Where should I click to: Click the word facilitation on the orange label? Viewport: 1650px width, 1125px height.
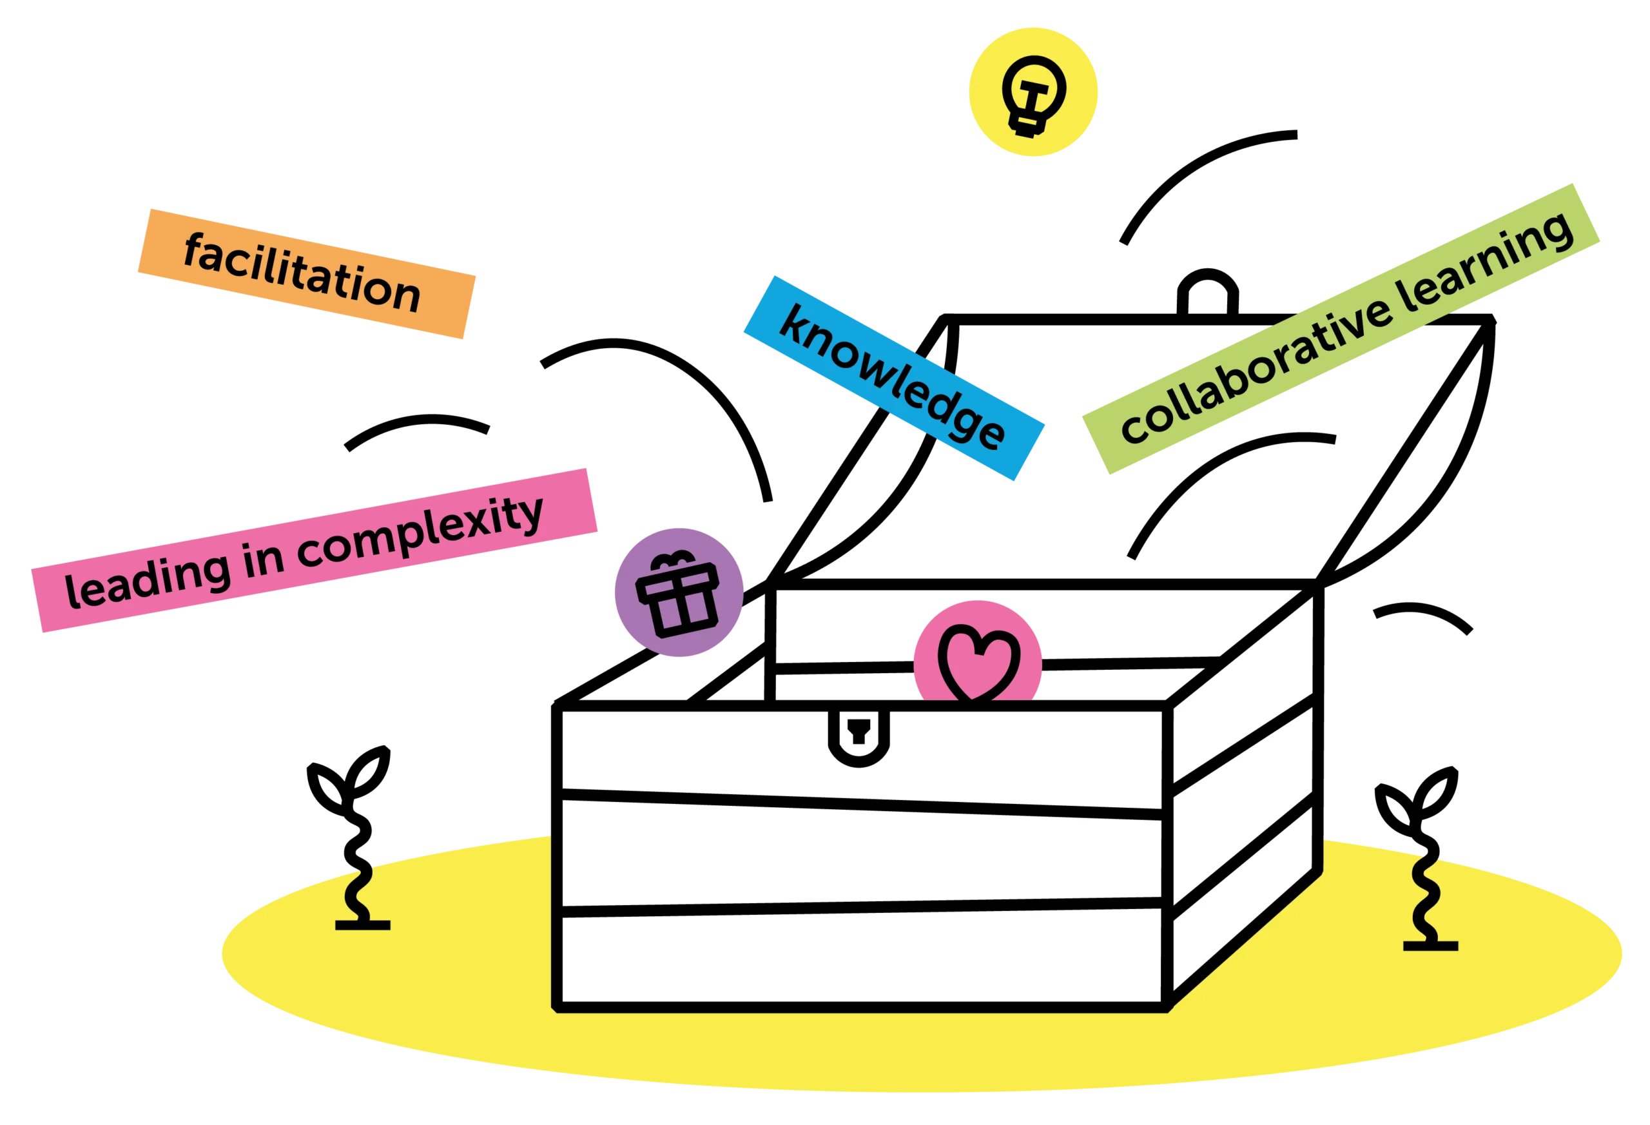pos(302,273)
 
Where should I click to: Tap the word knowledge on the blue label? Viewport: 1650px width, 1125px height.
pos(893,377)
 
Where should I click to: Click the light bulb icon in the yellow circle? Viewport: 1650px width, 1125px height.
pos(1034,96)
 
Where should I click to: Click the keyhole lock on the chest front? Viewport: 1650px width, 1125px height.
pos(859,738)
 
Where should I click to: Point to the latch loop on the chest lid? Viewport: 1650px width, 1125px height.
pos(1208,291)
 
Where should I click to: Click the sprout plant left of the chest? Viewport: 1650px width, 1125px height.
pos(352,837)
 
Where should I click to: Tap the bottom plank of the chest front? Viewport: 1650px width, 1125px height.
pos(860,959)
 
